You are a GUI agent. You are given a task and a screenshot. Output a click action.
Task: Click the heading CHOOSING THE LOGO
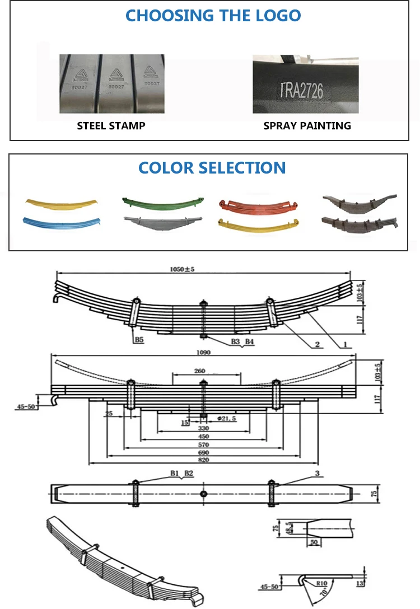(x=213, y=15)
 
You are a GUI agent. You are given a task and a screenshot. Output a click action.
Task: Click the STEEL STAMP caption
(x=111, y=126)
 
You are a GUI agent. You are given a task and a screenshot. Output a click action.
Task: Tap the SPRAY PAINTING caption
(x=307, y=126)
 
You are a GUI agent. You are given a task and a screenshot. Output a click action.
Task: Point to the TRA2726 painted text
(x=301, y=90)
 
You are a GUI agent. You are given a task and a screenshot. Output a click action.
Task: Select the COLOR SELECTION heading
(x=212, y=167)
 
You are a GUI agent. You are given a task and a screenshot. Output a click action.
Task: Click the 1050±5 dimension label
(x=182, y=269)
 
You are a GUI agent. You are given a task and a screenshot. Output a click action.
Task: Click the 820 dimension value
(x=204, y=460)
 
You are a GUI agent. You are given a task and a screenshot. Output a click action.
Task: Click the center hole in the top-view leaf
(x=204, y=493)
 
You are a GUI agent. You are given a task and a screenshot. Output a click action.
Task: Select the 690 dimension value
(x=204, y=452)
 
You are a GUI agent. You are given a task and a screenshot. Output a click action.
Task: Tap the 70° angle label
(x=324, y=591)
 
